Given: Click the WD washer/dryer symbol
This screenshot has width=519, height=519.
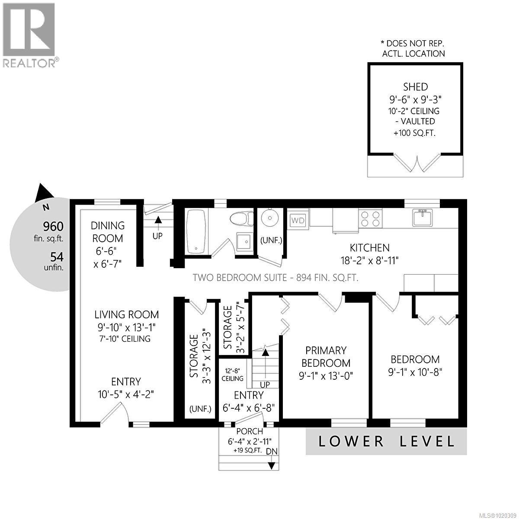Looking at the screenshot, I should tap(298, 220).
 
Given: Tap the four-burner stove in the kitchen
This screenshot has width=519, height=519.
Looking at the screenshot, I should tap(371, 218).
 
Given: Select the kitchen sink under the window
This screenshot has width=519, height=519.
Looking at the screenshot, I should tap(422, 218).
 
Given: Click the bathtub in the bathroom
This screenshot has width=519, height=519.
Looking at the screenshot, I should tap(197, 231).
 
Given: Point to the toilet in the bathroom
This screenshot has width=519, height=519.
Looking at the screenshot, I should tap(241, 218).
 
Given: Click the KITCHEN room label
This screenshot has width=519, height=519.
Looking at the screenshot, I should tap(369, 248).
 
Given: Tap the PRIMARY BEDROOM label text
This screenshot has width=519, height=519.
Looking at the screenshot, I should tap(326, 356).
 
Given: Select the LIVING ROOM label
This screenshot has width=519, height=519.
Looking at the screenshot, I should tap(127, 314).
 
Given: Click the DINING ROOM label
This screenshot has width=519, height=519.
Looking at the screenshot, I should tap(108, 232).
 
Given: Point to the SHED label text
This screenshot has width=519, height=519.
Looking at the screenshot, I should tap(415, 86).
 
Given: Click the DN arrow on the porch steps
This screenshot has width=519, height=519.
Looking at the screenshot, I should tap(272, 465).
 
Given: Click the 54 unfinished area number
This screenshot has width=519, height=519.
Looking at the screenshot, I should tap(57, 257).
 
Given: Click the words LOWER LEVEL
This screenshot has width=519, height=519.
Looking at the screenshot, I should tap(387, 442).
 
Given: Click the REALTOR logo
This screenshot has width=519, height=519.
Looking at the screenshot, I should tap(29, 35).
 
